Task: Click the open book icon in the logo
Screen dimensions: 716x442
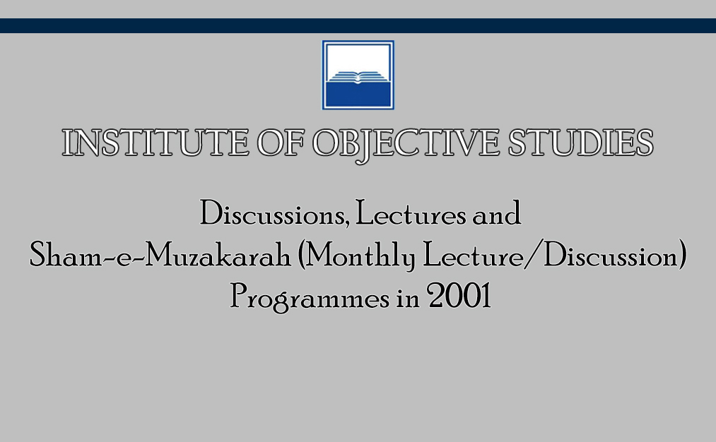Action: (358, 77)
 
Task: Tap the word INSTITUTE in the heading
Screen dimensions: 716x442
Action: (155, 143)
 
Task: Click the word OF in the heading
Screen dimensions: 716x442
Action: (281, 143)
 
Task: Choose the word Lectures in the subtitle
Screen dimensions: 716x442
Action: (411, 213)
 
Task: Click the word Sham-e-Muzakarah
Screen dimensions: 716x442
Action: (160, 255)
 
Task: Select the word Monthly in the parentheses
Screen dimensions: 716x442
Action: (360, 256)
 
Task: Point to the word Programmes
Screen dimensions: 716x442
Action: (310, 297)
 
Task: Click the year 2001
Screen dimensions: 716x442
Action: (459, 296)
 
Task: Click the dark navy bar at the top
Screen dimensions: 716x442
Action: (358, 25)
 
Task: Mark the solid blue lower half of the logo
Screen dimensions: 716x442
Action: (358, 94)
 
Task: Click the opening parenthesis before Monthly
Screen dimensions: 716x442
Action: (301, 255)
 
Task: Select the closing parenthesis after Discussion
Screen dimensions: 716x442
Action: (683, 255)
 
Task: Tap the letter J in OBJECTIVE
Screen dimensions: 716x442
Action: (365, 147)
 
